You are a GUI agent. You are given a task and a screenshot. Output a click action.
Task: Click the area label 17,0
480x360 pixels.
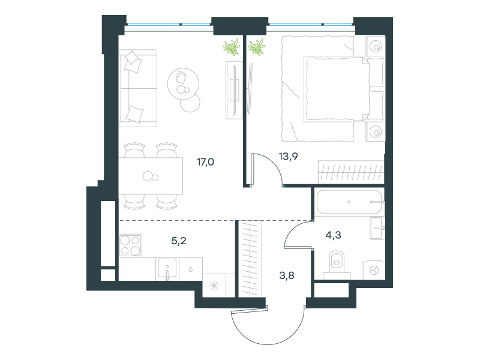205,161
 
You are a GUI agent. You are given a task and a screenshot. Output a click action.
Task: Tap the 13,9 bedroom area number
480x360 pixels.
289,157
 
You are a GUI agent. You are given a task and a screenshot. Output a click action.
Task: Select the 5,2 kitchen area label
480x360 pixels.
179,241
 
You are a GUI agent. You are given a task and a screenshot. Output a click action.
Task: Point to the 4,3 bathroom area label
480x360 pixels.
334,235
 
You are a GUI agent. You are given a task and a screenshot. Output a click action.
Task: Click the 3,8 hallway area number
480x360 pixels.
287,275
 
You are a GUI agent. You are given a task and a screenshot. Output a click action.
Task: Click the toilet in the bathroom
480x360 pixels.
337,265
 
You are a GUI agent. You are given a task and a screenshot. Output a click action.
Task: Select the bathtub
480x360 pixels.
349,202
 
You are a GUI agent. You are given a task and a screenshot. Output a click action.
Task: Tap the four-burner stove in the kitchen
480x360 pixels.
130,245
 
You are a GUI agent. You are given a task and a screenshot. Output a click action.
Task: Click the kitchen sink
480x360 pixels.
167,269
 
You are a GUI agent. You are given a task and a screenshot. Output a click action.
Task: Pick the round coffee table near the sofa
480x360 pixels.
183,83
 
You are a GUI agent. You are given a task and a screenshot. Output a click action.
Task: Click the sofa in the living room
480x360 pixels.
138,88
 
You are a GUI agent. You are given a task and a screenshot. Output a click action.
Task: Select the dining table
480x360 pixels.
151,176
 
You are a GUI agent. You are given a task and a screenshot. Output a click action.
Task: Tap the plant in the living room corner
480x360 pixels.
232,47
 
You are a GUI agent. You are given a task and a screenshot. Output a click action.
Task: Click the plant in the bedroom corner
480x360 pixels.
257,47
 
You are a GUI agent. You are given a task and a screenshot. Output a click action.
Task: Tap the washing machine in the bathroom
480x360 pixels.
374,271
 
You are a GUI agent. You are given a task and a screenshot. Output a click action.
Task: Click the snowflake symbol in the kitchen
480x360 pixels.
214,286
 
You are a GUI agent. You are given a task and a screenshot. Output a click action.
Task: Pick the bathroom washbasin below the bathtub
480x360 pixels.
377,228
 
